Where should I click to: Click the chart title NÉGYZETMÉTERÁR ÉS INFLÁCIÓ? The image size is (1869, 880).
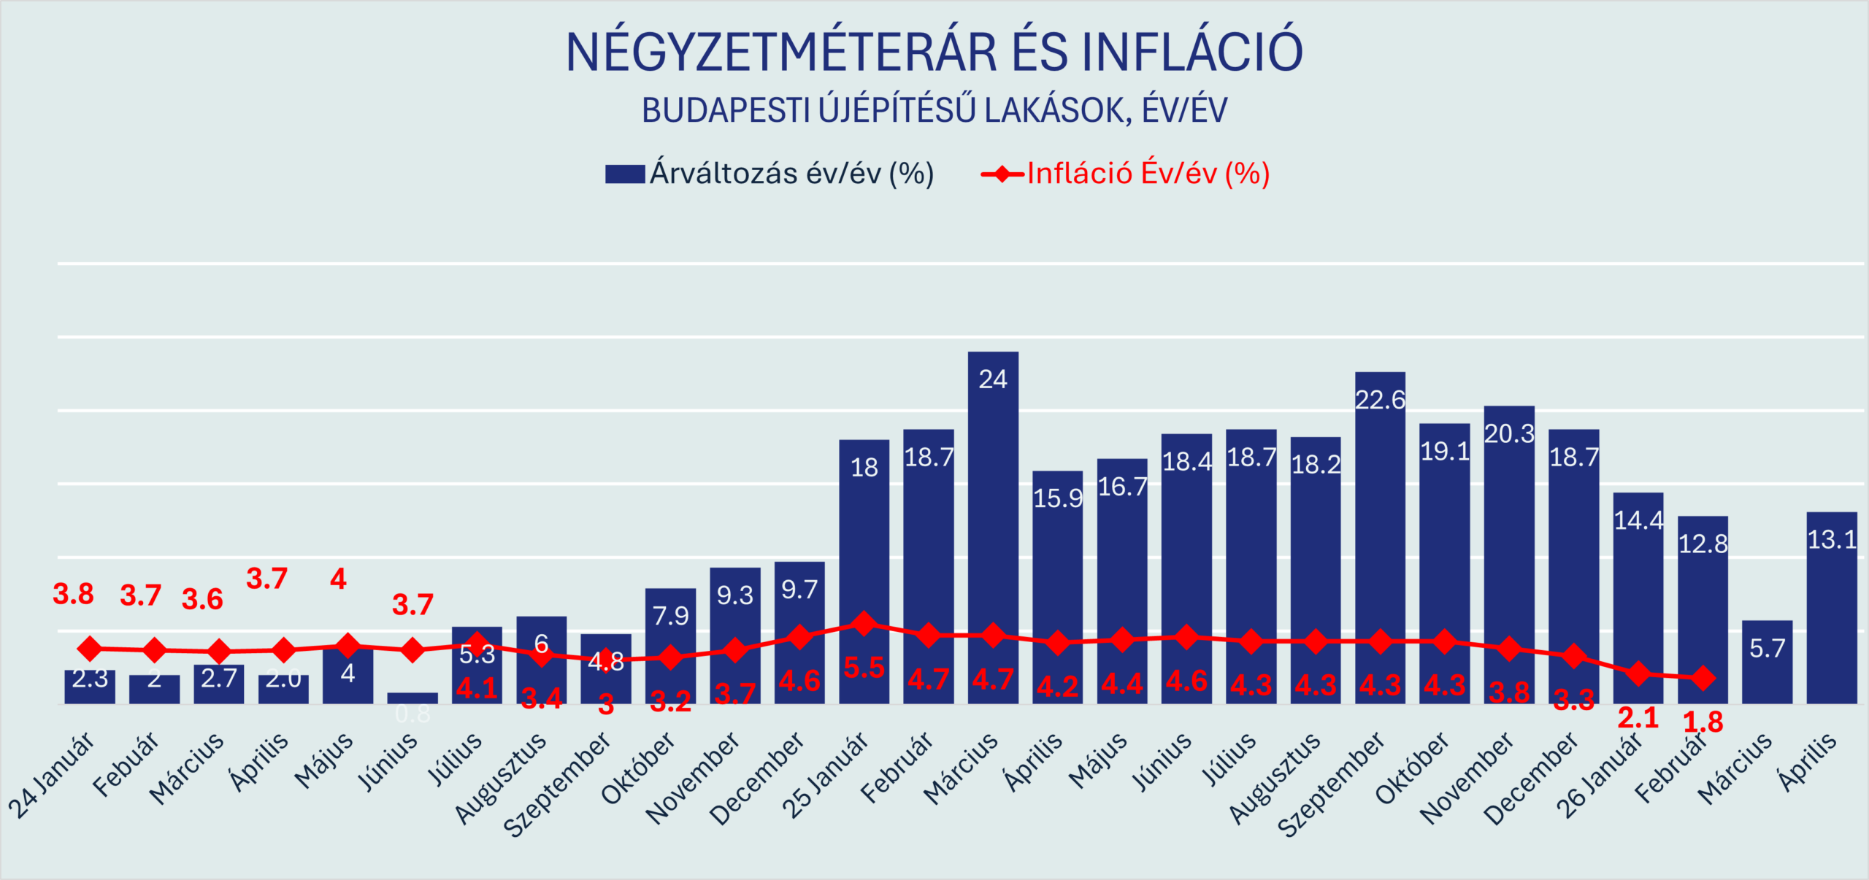934,53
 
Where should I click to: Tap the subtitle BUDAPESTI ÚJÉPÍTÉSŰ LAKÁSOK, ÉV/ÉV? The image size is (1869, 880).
934,111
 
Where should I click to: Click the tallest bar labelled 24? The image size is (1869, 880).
993,525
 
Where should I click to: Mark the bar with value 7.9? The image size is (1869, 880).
670,645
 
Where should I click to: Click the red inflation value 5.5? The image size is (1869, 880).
864,668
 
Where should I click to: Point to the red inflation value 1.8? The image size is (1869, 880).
1703,722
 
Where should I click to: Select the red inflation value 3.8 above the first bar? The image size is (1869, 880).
73,594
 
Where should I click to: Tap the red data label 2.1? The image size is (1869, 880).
1638,718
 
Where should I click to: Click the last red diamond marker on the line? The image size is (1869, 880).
1703,678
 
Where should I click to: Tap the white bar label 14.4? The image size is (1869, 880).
1638,520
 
